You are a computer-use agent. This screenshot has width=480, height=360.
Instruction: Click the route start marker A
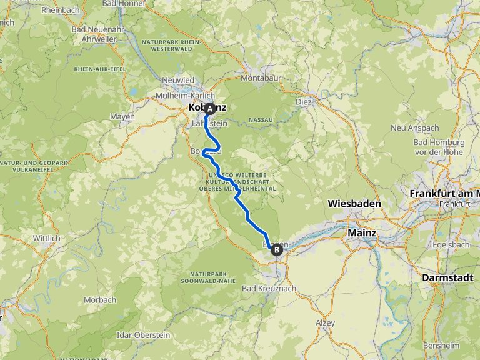tap(210, 109)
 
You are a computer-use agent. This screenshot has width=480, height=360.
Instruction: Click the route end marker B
tap(276, 249)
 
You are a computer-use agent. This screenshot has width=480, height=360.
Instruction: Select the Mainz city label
tap(361, 233)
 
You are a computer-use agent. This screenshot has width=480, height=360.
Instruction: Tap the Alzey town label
tap(325, 323)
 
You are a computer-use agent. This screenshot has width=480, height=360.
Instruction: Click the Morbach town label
tap(100, 300)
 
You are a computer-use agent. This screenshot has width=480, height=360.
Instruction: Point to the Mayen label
tap(122, 116)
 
